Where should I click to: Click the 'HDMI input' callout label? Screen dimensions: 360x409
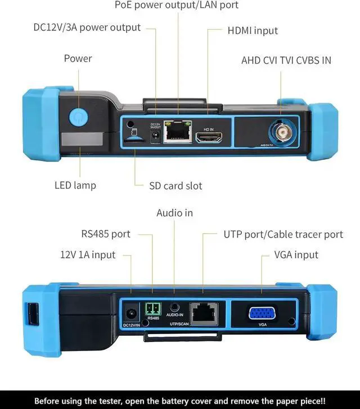(253, 30)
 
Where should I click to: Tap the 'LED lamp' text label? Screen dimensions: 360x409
(75, 185)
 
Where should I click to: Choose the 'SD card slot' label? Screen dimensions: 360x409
(175, 185)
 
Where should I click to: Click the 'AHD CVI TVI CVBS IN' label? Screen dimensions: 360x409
(286, 60)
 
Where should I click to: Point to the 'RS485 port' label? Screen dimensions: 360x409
(106, 234)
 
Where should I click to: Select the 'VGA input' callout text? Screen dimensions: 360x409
(296, 255)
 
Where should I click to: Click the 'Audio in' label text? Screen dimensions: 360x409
(174, 213)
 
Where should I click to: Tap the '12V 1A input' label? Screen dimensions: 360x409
(88, 255)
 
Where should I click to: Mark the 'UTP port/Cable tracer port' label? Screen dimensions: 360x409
(283, 234)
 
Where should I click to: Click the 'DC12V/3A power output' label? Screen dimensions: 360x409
(79, 27)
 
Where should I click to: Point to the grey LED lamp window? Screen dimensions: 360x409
(82, 138)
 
